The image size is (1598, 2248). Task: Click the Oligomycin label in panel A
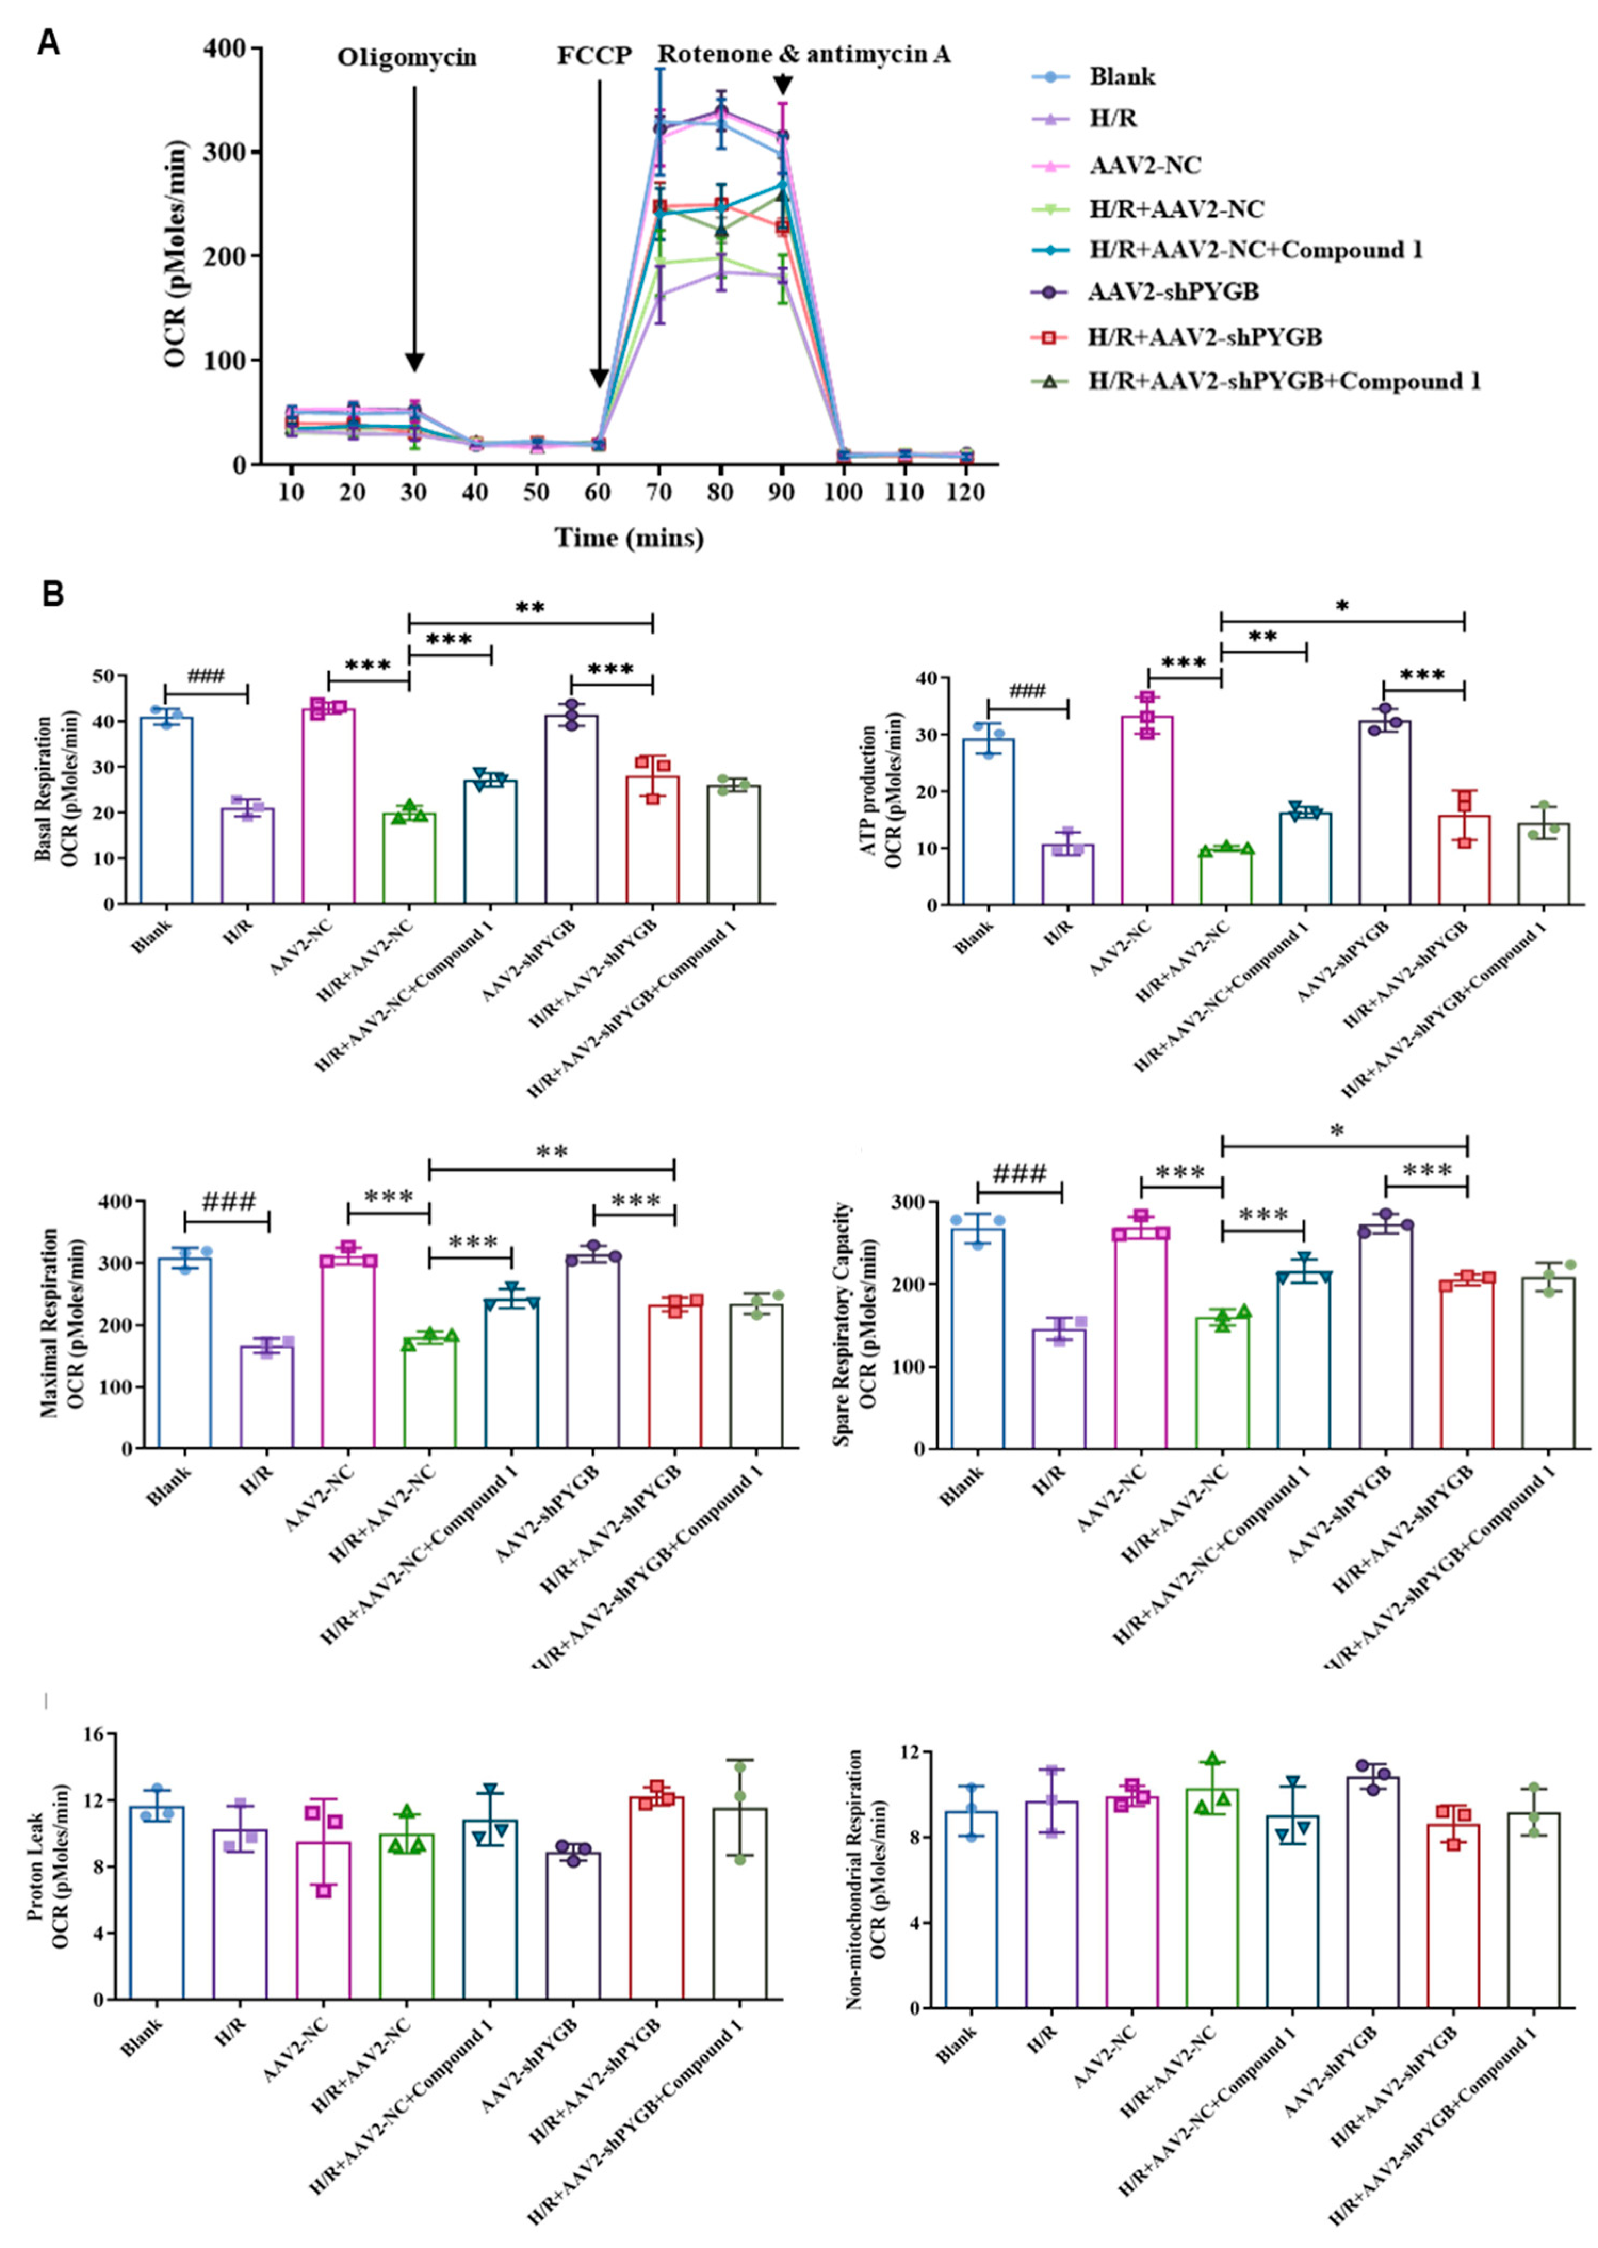(406, 58)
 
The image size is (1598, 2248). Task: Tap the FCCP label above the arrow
(594, 56)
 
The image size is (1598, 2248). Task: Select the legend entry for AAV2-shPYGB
(1174, 293)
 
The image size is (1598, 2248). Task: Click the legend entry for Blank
(1122, 77)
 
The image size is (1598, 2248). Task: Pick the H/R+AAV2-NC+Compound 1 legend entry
(1254, 250)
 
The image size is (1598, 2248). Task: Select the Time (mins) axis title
(629, 538)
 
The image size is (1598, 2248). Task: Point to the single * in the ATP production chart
(1342, 607)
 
